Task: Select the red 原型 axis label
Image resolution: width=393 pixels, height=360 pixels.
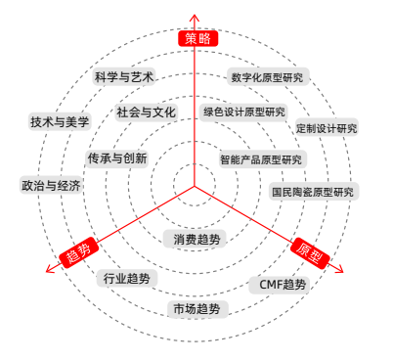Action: click(312, 251)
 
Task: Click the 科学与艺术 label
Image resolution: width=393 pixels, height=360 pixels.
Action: click(125, 76)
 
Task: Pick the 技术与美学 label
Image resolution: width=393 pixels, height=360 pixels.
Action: click(60, 122)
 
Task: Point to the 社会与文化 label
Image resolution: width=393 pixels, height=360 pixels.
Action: click(146, 112)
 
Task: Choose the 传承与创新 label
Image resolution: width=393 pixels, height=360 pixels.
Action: click(116, 158)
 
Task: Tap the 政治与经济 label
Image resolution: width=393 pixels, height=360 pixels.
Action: click(51, 185)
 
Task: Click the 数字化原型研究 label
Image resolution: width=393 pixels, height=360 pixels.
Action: click(267, 77)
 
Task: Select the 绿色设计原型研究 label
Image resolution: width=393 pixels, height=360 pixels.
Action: click(244, 112)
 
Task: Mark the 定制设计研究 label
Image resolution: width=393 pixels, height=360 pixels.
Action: click(327, 128)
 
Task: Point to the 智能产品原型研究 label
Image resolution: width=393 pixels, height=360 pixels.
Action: click(262, 159)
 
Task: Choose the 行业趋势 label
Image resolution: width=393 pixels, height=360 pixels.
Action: click(127, 279)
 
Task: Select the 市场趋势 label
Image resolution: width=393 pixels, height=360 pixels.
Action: click(196, 309)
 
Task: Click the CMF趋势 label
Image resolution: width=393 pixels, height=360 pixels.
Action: click(283, 285)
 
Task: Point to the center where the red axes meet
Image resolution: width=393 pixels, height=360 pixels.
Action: click(195, 184)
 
